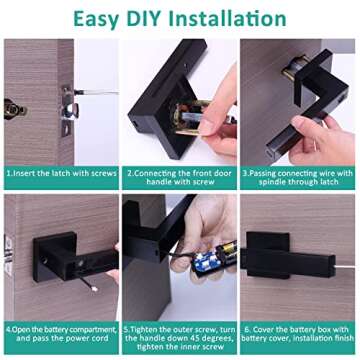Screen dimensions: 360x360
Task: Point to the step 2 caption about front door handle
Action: pos(179,177)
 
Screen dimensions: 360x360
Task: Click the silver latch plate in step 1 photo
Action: pos(65,108)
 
